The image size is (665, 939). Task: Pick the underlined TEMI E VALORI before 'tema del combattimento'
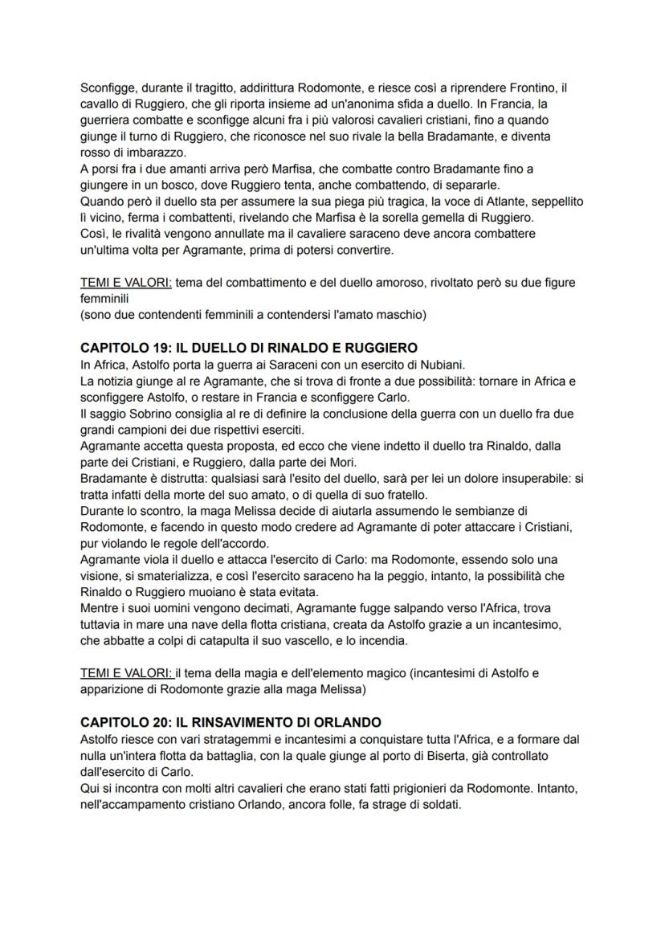click(x=126, y=282)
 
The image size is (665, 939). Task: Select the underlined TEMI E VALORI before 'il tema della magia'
click(x=127, y=673)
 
